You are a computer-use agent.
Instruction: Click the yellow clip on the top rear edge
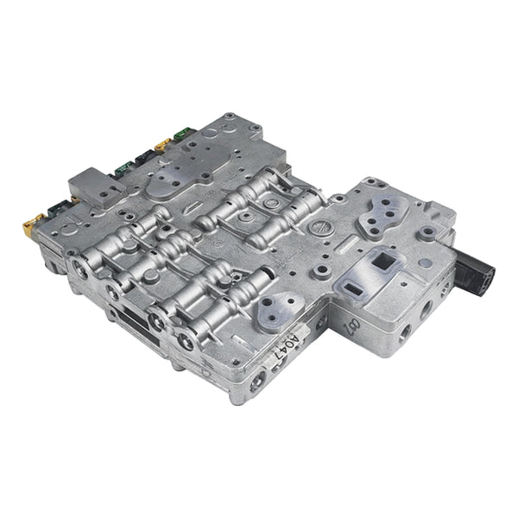162,145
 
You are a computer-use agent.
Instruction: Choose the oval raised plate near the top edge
176,178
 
